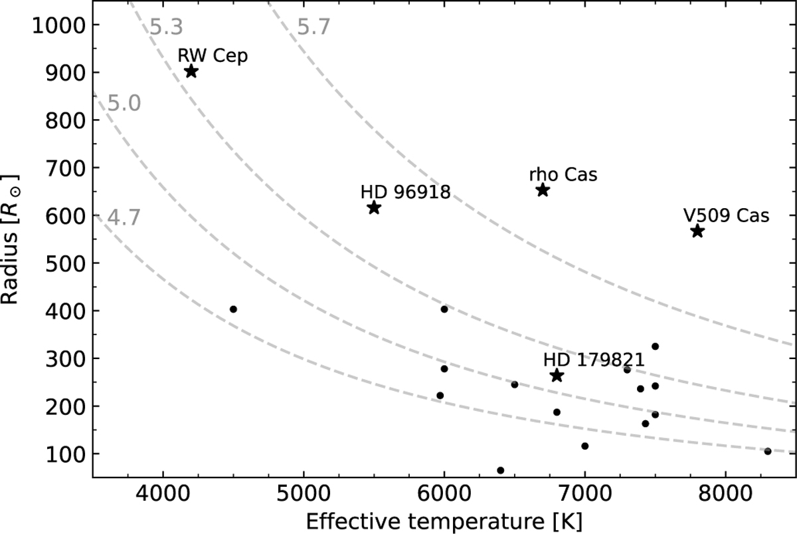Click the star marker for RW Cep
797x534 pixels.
click(x=191, y=71)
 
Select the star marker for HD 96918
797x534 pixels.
click(x=374, y=207)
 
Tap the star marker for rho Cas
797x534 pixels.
click(x=543, y=190)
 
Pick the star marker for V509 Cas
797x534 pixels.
click(x=697, y=231)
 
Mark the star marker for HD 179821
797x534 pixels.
click(x=557, y=376)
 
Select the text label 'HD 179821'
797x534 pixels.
click(x=594, y=360)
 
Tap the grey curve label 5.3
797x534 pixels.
click(x=165, y=27)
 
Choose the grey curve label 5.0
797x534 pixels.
click(x=124, y=104)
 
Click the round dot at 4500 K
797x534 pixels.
click(x=233, y=309)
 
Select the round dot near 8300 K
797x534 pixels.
click(x=768, y=452)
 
